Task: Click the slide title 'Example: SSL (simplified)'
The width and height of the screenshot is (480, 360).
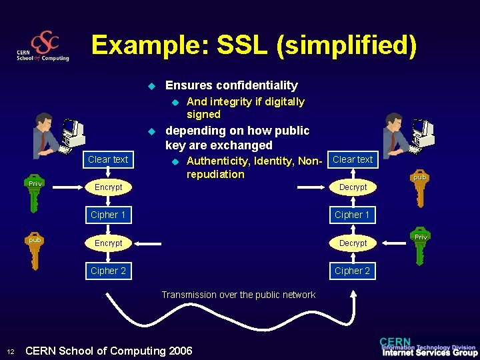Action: click(254, 45)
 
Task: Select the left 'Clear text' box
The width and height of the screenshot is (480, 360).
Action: click(108, 159)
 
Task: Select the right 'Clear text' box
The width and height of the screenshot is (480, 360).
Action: click(353, 159)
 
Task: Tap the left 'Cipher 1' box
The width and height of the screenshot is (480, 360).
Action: click(108, 215)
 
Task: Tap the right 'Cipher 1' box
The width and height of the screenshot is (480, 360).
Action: click(353, 215)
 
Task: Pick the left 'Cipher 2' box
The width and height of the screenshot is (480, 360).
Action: click(108, 271)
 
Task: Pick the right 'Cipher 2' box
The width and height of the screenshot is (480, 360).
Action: click(353, 271)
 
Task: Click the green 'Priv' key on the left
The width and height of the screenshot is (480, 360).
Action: click(35, 193)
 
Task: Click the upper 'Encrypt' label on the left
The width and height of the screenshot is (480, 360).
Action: click(108, 187)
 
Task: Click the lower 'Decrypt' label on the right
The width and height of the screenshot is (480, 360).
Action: click(353, 243)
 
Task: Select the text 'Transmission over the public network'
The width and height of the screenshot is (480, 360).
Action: click(239, 295)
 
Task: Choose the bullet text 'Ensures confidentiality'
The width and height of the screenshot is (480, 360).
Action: click(231, 85)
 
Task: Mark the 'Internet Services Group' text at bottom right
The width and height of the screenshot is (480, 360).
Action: click(429, 353)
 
